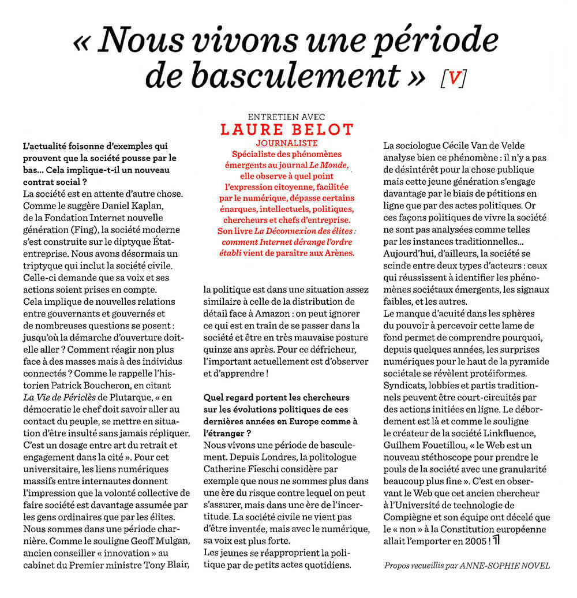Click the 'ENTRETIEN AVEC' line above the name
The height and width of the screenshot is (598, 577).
[286, 116]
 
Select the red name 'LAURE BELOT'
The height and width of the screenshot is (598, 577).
[287, 129]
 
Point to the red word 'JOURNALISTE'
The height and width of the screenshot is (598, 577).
[287, 143]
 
